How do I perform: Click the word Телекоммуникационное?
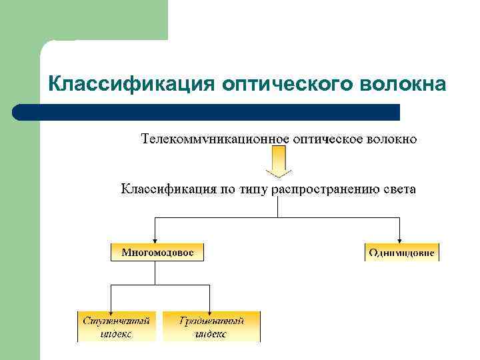coord(215,139)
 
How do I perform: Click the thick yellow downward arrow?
coord(278,162)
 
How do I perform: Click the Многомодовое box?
coord(157,252)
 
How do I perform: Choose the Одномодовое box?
coord(402,252)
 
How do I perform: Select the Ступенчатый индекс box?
coord(117,326)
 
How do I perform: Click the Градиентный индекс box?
coord(211,326)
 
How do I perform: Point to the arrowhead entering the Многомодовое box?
coord(155,240)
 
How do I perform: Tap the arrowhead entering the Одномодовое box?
coord(399,240)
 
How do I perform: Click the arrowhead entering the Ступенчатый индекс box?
coord(111,307)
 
